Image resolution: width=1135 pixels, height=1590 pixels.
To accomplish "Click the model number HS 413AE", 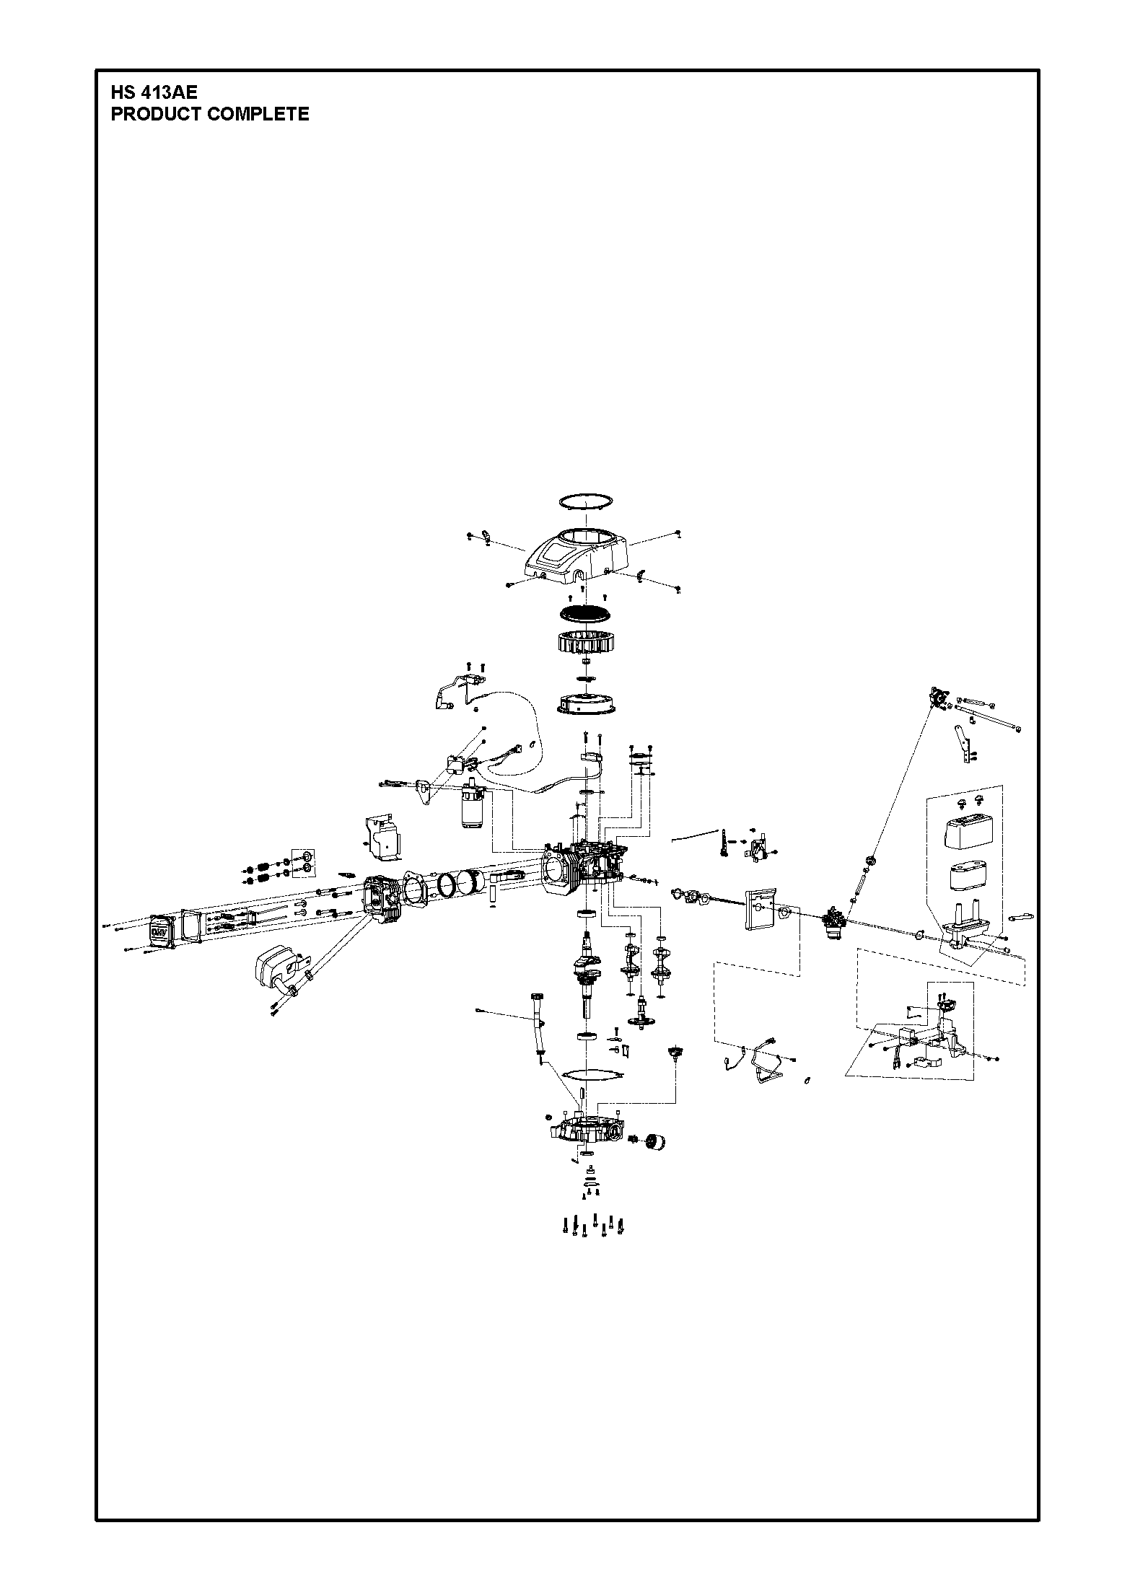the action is [x=154, y=93].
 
